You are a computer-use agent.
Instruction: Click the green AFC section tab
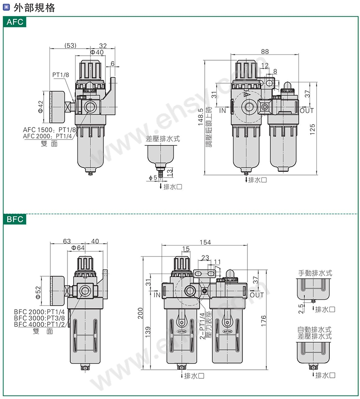click(x=14, y=22)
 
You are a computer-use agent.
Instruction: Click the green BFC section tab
click(x=14, y=219)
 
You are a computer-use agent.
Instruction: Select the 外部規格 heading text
click(x=34, y=8)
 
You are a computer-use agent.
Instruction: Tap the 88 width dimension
click(x=265, y=51)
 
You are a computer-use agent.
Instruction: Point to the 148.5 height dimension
click(x=201, y=117)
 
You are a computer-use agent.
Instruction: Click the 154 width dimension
click(x=205, y=242)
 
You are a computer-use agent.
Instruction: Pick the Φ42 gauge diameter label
click(x=40, y=107)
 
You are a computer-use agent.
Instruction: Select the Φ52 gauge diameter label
click(x=38, y=293)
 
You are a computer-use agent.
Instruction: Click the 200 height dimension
click(x=140, y=313)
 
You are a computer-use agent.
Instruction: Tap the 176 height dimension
click(x=263, y=321)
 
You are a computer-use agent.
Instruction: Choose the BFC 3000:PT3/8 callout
click(x=40, y=318)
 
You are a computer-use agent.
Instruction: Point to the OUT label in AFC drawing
click(x=306, y=111)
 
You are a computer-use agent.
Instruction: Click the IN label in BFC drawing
click(x=157, y=295)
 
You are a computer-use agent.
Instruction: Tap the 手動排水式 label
click(x=315, y=273)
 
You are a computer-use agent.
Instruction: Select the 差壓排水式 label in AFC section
click(x=163, y=139)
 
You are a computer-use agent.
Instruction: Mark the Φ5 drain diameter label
click(x=153, y=178)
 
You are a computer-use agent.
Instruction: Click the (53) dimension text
click(x=70, y=45)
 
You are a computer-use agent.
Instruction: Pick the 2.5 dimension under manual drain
click(x=301, y=309)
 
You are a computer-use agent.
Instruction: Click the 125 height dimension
click(x=312, y=129)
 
